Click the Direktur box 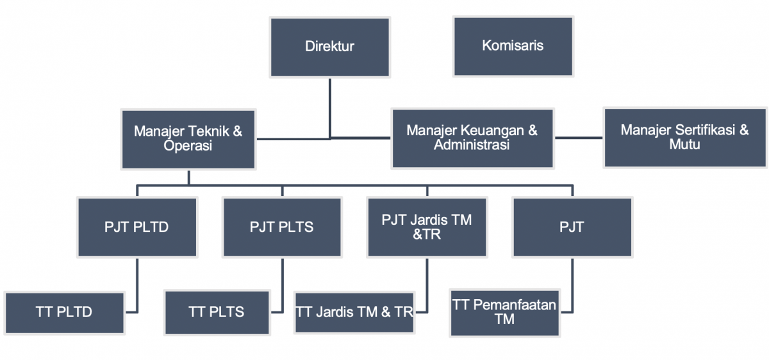pyautogui.click(x=330, y=47)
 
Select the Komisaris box pyautogui.click(x=513, y=46)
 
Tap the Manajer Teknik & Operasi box pyautogui.click(x=188, y=140)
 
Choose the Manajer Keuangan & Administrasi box pyautogui.click(x=473, y=138)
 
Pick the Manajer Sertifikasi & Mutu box pyautogui.click(x=685, y=138)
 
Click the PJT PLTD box pyautogui.click(x=137, y=227)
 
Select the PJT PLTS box pyautogui.click(x=282, y=227)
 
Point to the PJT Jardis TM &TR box pyautogui.click(x=427, y=227)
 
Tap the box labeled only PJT pyautogui.click(x=572, y=227)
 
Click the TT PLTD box pyautogui.click(x=65, y=313)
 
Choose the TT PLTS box pyautogui.click(x=217, y=313)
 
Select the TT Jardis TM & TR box pyautogui.click(x=354, y=313)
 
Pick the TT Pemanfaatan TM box pyautogui.click(x=505, y=313)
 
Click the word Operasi pyautogui.click(x=188, y=145)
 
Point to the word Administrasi pyautogui.click(x=472, y=145)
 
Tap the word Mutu pyautogui.click(x=684, y=144)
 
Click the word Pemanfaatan pyautogui.click(x=515, y=305)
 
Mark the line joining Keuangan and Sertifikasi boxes pyautogui.click(x=579, y=138)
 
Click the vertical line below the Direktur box pyautogui.click(x=330, y=108)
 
